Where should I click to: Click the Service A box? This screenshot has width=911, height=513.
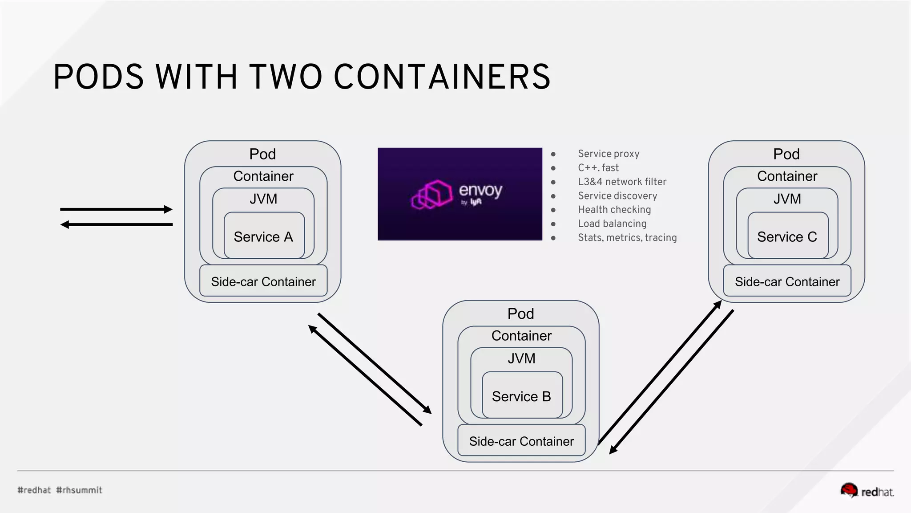(264, 236)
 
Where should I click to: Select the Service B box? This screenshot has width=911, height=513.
(522, 396)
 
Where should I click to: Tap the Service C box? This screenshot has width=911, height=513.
(787, 236)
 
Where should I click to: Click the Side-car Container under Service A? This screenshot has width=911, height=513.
(263, 281)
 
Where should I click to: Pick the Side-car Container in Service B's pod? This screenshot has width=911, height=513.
(521, 441)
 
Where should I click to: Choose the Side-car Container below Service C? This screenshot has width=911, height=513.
(787, 281)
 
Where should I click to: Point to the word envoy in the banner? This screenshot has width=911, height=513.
(480, 190)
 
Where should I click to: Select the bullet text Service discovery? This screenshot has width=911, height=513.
(617, 195)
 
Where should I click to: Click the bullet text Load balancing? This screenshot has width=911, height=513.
(612, 224)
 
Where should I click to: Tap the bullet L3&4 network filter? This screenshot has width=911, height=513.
(622, 182)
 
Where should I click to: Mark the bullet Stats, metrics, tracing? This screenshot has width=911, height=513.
(627, 237)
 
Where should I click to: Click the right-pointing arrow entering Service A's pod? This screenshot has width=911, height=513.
(116, 209)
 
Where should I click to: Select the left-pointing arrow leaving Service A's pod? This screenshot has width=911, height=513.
(116, 224)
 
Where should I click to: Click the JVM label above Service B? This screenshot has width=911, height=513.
(522, 358)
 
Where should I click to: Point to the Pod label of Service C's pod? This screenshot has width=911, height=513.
(786, 154)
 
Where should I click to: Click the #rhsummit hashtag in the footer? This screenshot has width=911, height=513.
(79, 490)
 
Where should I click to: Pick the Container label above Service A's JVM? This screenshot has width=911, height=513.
(263, 176)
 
